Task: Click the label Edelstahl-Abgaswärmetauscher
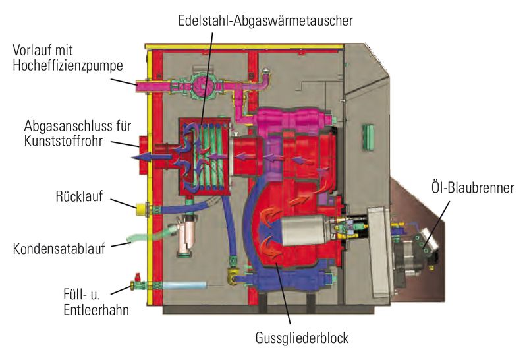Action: [265, 21]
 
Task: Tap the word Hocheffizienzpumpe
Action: [68, 66]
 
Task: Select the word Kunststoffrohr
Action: [63, 141]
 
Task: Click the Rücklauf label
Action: [79, 196]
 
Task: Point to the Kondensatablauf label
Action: [59, 249]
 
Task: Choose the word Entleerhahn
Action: [96, 310]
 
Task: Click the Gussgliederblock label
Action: [302, 338]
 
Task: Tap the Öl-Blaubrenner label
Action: [472, 188]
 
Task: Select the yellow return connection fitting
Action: [141, 209]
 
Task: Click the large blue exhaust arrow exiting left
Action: [152, 157]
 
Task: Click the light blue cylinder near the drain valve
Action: [184, 285]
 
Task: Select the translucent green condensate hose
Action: [151, 234]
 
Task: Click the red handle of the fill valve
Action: [137, 277]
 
